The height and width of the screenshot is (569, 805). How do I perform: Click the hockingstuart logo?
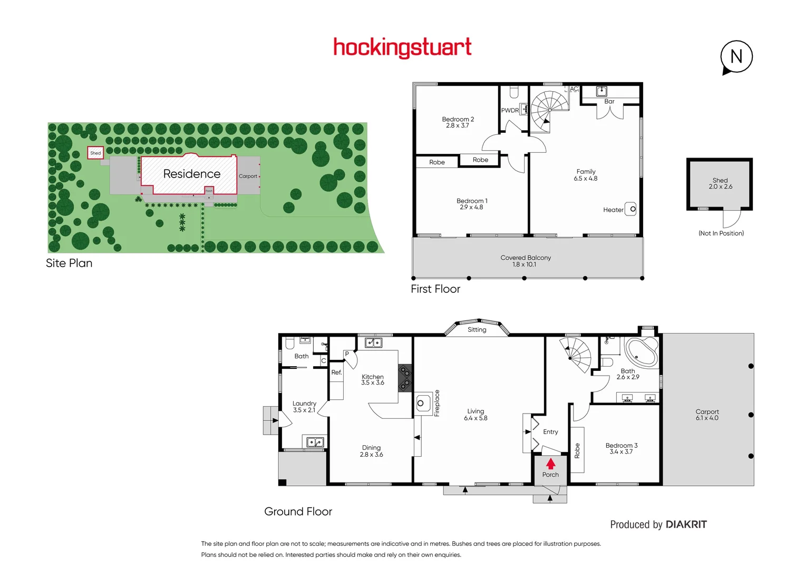pyautogui.click(x=402, y=47)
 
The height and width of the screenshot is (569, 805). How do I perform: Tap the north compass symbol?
pyautogui.click(x=736, y=57)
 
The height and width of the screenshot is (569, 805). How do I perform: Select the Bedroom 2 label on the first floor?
pyautogui.click(x=458, y=120)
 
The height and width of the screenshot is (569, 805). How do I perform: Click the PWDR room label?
pyautogui.click(x=510, y=111)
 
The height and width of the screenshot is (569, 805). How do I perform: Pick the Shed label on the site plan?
pyautogui.click(x=95, y=153)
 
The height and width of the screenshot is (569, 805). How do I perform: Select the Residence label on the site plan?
pyautogui.click(x=192, y=174)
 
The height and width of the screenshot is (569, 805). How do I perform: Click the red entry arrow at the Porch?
pyautogui.click(x=550, y=464)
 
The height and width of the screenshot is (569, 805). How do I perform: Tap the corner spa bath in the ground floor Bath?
pyautogui.click(x=642, y=351)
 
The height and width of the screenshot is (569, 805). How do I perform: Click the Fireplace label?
pyautogui.click(x=437, y=403)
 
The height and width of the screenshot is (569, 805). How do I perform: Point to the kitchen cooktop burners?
pyautogui.click(x=405, y=378)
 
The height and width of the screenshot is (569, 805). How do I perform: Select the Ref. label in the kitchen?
pyautogui.click(x=336, y=372)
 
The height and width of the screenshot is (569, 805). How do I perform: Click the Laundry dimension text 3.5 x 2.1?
pyautogui.click(x=304, y=410)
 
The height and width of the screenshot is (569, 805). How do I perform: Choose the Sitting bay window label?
pyautogui.click(x=477, y=330)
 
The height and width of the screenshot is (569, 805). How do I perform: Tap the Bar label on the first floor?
pyautogui.click(x=609, y=102)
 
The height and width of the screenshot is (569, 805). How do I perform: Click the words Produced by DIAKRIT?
pyautogui.click(x=658, y=525)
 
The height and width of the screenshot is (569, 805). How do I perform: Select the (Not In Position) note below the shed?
pyautogui.click(x=721, y=233)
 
